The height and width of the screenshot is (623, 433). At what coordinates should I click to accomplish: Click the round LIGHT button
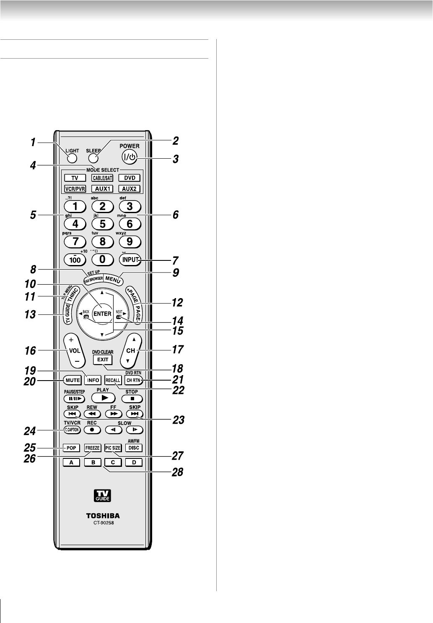pyautogui.click(x=72, y=158)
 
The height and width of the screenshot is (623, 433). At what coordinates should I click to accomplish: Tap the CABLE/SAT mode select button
pyautogui.click(x=102, y=178)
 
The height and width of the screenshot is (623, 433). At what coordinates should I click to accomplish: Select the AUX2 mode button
pyautogui.click(x=129, y=188)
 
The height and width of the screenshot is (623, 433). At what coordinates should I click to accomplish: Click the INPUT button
pyautogui.click(x=130, y=259)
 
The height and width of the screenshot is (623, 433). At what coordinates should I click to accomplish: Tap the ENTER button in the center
pyautogui.click(x=102, y=314)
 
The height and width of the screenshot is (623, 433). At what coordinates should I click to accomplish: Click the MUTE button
pyautogui.click(x=72, y=380)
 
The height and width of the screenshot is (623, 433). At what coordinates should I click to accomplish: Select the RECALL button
pyautogui.click(x=113, y=380)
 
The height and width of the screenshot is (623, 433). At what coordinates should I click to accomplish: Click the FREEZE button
pyautogui.click(x=92, y=448)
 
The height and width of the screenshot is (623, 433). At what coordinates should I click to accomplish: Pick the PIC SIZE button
pyautogui.click(x=113, y=448)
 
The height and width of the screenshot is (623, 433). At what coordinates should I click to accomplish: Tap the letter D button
pyautogui.click(x=134, y=463)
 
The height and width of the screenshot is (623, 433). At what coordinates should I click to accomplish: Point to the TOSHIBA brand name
pyautogui.click(x=103, y=516)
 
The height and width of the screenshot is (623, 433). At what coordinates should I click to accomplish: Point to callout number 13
pyautogui.click(x=31, y=314)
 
